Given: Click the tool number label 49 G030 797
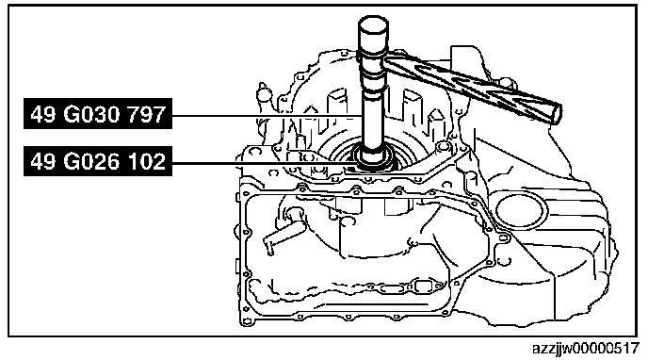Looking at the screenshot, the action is pos(98,114).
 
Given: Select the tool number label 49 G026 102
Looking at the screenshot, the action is pos(98,161).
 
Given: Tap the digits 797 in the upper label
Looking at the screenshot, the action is pos(146,114).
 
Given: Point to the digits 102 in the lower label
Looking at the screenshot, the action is pos(146,161).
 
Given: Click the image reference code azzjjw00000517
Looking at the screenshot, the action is pos(586,349).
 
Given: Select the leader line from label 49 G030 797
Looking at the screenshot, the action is pos(267,116).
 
